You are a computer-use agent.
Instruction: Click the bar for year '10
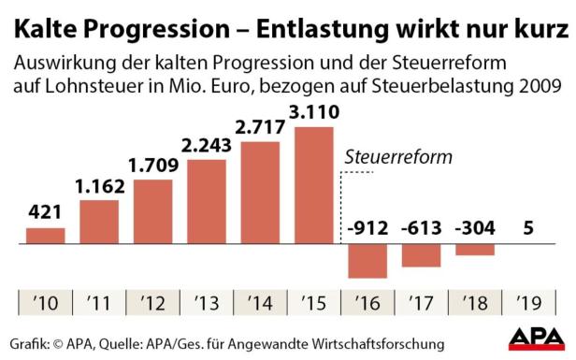click(39, 236)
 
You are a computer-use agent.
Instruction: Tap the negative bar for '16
click(367, 261)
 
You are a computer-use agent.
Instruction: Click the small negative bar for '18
click(476, 250)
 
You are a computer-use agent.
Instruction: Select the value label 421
click(39, 213)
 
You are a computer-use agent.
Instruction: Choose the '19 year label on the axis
click(529, 302)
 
